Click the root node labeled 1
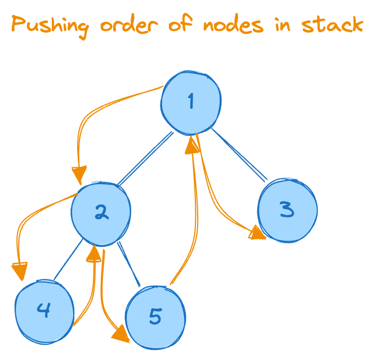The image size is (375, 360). point(190,102)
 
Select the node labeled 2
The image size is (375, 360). point(101,212)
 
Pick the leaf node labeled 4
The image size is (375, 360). point(44,309)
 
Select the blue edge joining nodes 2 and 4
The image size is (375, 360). point(68,260)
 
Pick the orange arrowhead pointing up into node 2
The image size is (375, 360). point(94,255)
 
